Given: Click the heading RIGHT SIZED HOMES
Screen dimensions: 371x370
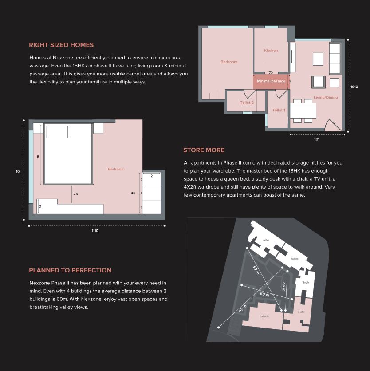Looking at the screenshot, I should click(61, 45).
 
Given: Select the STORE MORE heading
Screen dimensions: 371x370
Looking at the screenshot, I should click(204, 150).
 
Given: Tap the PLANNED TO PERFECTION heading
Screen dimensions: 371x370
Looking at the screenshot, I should click(70, 270).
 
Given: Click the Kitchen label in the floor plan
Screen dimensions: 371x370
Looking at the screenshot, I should click(271, 51).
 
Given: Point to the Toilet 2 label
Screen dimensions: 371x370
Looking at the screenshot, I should click(247, 103).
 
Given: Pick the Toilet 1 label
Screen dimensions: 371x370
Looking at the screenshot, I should click(278, 110).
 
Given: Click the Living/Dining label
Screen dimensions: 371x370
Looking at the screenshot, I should click(326, 97).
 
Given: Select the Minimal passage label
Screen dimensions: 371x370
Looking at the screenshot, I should click(271, 81).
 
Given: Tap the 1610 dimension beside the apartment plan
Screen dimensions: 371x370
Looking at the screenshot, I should click(354, 87).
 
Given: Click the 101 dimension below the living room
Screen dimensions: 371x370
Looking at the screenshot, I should click(317, 139).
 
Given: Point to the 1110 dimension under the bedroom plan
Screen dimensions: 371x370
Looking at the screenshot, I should click(95, 231).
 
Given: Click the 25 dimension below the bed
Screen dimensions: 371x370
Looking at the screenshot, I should click(75, 194).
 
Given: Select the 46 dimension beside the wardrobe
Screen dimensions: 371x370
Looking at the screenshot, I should click(133, 193).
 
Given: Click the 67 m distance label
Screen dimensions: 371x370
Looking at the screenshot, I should click(256, 270).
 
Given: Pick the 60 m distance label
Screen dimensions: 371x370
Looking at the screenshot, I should click(264, 294).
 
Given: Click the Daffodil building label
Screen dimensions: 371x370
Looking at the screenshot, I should click(264, 316).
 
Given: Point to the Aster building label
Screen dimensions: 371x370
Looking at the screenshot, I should click(266, 240).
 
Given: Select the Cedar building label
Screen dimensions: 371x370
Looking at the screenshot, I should click(301, 312).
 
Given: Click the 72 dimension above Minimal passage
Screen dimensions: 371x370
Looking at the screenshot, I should click(271, 73).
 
